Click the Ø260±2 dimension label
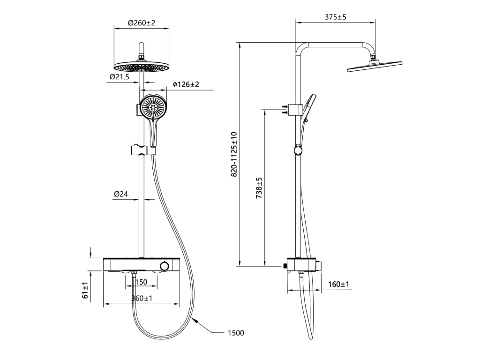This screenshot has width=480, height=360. click(141, 22)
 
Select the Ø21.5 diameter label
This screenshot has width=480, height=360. click(119, 77)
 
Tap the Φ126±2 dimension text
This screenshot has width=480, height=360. click(186, 84)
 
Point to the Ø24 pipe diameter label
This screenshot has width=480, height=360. click(121, 194)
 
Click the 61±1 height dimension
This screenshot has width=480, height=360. click(85, 290)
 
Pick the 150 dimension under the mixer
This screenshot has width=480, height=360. click(141, 282)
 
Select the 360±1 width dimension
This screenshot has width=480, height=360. click(142, 299)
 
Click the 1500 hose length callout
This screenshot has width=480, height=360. click(236, 333)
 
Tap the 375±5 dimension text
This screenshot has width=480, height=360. click(335, 17)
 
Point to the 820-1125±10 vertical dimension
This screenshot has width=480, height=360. click(234, 154)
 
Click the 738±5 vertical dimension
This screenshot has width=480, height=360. click(259, 188)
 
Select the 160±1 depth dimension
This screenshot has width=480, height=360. click(338, 284)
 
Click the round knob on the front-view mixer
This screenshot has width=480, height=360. click(164, 266)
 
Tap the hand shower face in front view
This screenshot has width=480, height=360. click(154, 108)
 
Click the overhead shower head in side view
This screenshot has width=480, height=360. click(375, 66)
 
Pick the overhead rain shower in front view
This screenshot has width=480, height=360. click(142, 67)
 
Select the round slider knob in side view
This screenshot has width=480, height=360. click(298, 150)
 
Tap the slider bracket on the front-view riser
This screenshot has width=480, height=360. click(142, 150)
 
